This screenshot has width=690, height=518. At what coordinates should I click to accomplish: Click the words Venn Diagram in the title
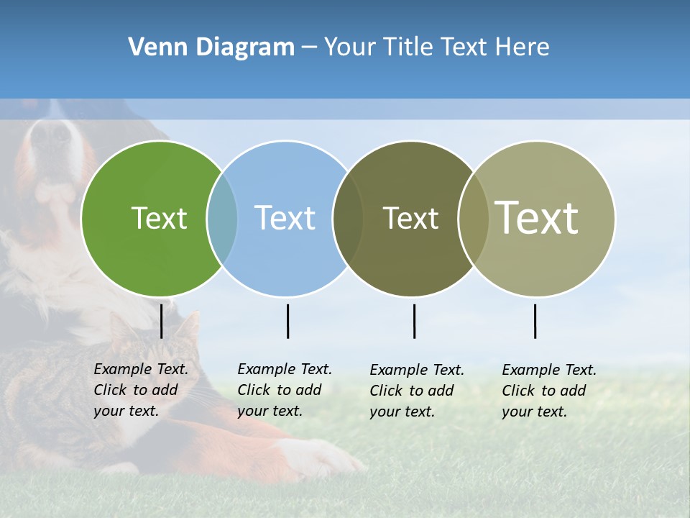pyautogui.click(x=211, y=47)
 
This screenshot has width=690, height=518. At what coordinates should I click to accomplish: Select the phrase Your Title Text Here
pyautogui.click(x=436, y=47)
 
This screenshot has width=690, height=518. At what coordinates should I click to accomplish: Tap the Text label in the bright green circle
pyautogui.click(x=159, y=218)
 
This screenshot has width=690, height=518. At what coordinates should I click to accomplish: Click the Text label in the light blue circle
pyautogui.click(x=285, y=218)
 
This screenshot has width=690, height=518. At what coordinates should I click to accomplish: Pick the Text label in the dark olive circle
pyautogui.click(x=410, y=218)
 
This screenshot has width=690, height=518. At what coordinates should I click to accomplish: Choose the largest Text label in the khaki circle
pyautogui.click(x=537, y=218)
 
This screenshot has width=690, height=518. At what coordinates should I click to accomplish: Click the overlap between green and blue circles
pyautogui.click(x=222, y=219)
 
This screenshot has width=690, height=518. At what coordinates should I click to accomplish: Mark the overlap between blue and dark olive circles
pyautogui.click(x=348, y=219)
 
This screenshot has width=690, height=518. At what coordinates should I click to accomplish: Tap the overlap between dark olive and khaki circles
pyautogui.click(x=474, y=219)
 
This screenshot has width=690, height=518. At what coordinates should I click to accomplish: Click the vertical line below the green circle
pyautogui.click(x=162, y=321)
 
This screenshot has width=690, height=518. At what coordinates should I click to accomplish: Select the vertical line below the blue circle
pyautogui.click(x=287, y=321)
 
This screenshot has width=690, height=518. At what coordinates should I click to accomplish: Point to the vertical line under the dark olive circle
pyautogui.click(x=414, y=321)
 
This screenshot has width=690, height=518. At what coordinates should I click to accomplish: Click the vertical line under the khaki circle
pyautogui.click(x=535, y=321)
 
